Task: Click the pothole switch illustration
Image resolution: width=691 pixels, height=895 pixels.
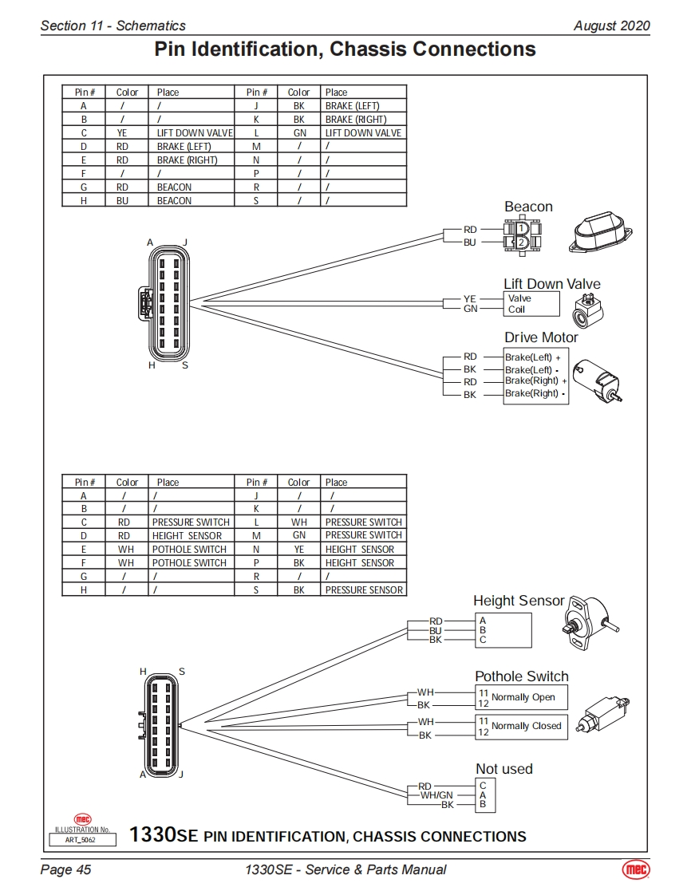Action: tap(603, 712)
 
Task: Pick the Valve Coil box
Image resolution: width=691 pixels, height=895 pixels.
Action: tap(531, 304)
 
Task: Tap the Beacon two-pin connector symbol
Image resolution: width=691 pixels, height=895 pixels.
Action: tap(520, 235)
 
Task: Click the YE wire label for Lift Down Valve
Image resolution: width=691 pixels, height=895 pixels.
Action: tap(470, 299)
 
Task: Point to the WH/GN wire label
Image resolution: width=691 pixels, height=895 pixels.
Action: tap(436, 795)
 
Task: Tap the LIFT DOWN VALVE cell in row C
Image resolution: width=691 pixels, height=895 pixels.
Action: tap(194, 133)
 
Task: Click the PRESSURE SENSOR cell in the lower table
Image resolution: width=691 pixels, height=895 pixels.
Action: tap(364, 590)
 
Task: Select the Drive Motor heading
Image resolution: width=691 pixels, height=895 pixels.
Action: tap(541, 337)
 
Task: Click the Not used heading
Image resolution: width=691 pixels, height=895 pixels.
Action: tap(503, 769)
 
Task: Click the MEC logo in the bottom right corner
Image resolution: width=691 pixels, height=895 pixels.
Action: tap(636, 869)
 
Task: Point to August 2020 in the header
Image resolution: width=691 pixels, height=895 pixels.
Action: tap(611, 26)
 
